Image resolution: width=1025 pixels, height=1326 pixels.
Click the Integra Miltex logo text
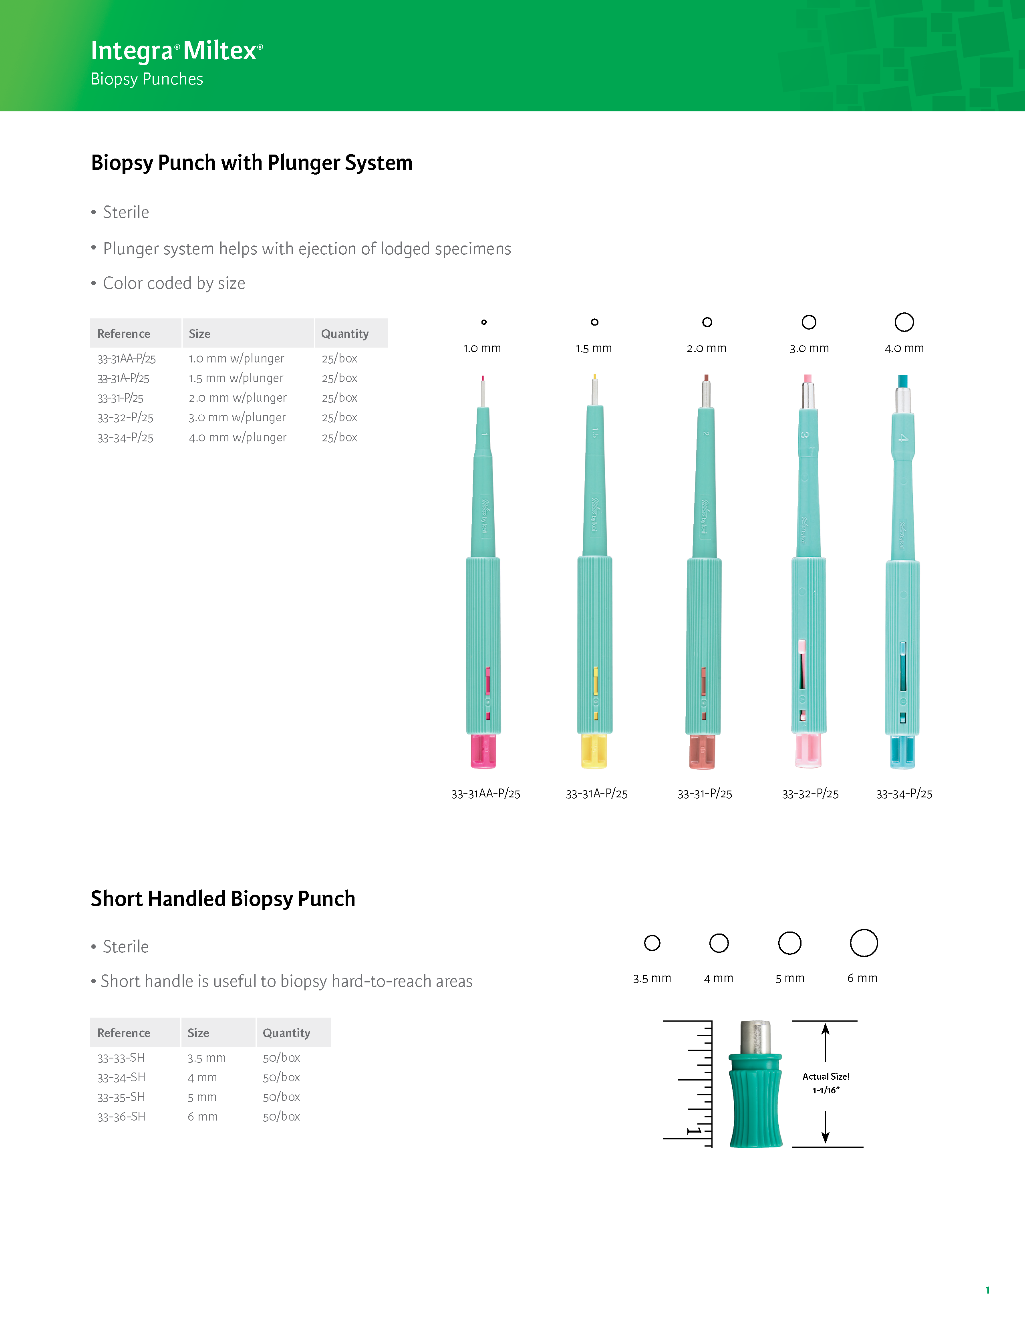pyautogui.click(x=176, y=51)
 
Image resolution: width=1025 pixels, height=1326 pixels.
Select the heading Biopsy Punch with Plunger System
pyautogui.click(x=252, y=163)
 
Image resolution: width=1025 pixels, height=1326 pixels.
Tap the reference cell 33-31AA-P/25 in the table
pyautogui.click(x=126, y=359)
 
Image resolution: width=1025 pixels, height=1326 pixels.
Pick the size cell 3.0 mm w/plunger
pyautogui.click(x=237, y=418)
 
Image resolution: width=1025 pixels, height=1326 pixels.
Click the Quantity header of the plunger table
pyautogui.click(x=345, y=334)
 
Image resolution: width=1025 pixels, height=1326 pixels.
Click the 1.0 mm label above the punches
pyautogui.click(x=482, y=348)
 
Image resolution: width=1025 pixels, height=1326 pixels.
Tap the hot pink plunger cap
pyautogui.click(x=483, y=752)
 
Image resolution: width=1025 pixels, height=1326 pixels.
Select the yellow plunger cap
pyautogui.click(x=594, y=752)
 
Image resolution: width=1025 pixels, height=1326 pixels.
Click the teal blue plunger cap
pyautogui.click(x=902, y=752)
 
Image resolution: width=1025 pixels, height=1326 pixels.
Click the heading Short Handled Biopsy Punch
pyautogui.click(x=223, y=899)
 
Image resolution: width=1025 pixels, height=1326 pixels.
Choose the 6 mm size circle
pyautogui.click(x=864, y=943)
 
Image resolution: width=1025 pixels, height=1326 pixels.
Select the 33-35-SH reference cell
pyautogui.click(x=121, y=1097)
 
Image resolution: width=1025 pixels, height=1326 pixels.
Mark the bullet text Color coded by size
pyautogui.click(x=174, y=284)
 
